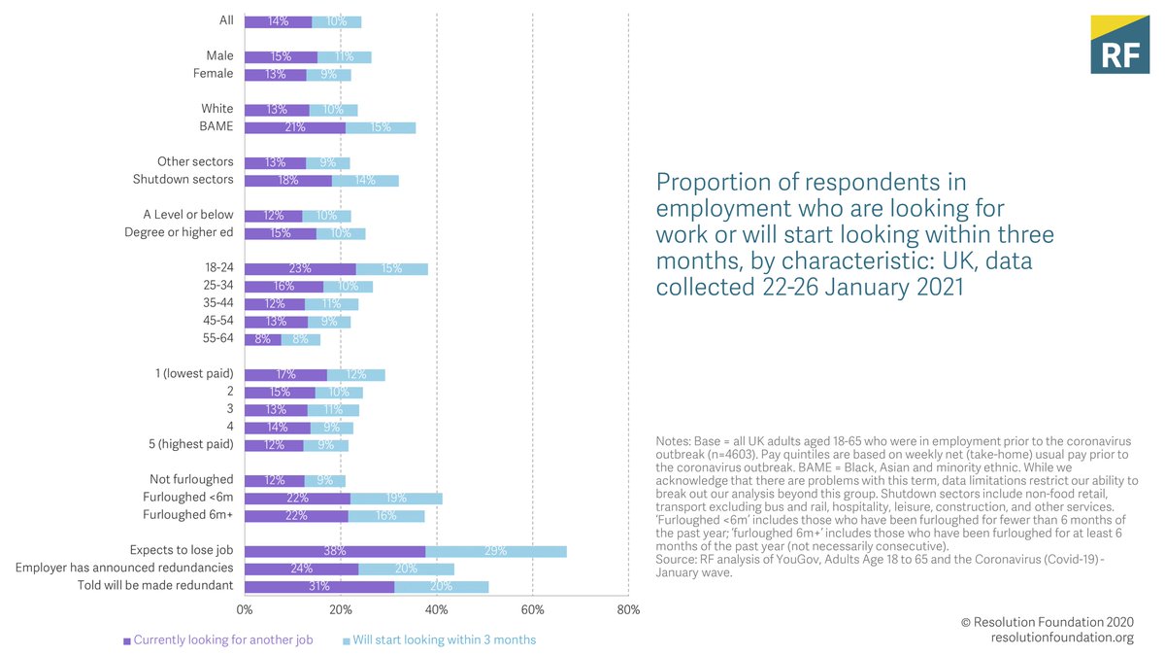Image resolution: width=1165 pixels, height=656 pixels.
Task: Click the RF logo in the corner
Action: click(x=1118, y=45)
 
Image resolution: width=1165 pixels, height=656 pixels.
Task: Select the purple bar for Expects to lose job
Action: click(x=335, y=551)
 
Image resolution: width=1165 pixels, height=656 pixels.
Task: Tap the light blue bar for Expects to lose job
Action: click(x=496, y=551)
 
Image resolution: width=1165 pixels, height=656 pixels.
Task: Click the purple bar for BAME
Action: click(x=295, y=126)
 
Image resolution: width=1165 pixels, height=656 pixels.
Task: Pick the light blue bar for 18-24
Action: click(x=392, y=268)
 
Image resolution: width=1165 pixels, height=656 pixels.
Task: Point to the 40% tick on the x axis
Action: click(x=437, y=610)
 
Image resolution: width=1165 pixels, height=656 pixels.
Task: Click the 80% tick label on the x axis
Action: click(x=628, y=610)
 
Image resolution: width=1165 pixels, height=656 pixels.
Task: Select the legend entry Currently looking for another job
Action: click(x=218, y=639)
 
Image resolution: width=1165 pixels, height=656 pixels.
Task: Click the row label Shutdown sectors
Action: click(x=183, y=180)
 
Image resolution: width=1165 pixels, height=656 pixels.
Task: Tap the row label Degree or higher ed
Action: click(x=179, y=232)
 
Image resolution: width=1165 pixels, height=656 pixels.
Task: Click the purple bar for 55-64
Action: click(x=263, y=339)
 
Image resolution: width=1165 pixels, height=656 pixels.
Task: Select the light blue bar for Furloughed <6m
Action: click(x=396, y=498)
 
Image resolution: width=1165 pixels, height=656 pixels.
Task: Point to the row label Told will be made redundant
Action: click(x=155, y=586)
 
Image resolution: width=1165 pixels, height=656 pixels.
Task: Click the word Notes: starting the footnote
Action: click(x=674, y=442)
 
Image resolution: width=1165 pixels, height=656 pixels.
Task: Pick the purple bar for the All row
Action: click(x=278, y=20)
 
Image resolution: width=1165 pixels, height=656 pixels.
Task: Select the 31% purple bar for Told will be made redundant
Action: click(x=319, y=586)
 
